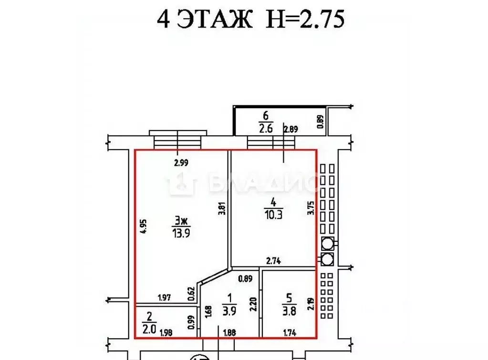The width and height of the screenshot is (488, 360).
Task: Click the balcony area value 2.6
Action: coord(265,128)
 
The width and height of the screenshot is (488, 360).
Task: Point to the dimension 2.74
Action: coord(273,261)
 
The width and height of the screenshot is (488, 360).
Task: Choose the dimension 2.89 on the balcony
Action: coord(291,129)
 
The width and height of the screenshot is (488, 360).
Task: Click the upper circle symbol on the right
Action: coord(327,244)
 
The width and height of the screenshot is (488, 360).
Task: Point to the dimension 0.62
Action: coord(191,293)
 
